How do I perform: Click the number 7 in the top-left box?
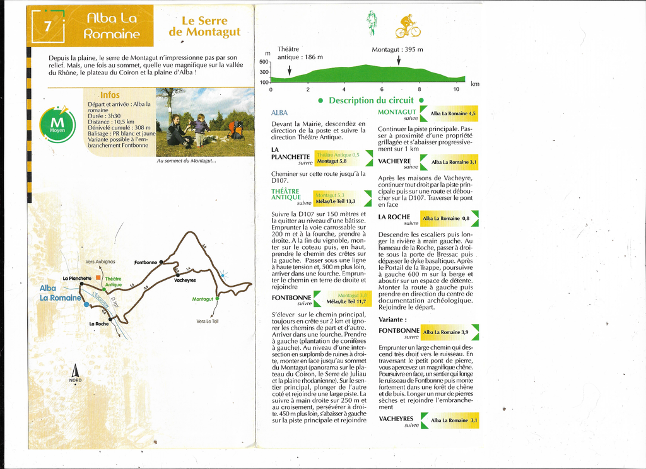pos(47,26)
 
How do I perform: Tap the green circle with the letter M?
pos(57,124)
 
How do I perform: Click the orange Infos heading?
pos(110,95)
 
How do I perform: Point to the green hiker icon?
pos(372,22)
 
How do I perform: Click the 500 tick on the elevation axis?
pos(264,62)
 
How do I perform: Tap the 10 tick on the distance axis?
pos(456,89)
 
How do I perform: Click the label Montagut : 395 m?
pos(397,49)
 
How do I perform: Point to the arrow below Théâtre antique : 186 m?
pos(290,69)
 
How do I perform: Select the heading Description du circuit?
pos(369,100)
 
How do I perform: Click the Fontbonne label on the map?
pos(145,262)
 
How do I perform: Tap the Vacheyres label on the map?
pos(185,280)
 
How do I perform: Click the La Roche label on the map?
pos(99,323)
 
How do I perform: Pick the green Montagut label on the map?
pos(203,299)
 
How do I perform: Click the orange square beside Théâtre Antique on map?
pos(98,277)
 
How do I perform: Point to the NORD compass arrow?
pos(75,371)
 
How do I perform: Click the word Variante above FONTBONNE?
pos(392,320)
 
